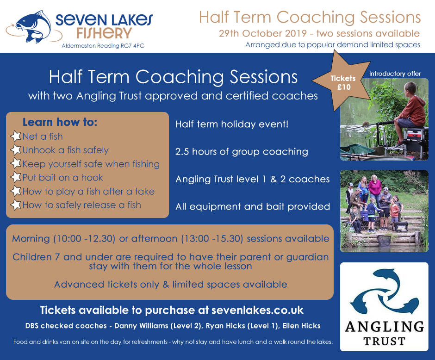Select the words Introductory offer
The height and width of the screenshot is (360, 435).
coord(395,74)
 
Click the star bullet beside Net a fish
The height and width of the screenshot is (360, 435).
coord(16,136)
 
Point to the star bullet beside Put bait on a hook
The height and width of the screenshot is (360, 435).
coord(16,177)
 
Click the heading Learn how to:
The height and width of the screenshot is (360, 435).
coord(60,122)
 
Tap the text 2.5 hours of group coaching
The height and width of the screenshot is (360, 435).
coord(242,152)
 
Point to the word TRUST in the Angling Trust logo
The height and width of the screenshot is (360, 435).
coord(385,341)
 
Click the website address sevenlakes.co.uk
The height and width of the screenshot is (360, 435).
coord(257,310)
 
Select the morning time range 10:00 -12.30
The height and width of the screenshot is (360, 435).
coord(84,238)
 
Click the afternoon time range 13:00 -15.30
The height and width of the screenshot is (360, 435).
coord(212,238)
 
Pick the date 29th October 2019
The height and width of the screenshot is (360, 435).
coord(263,33)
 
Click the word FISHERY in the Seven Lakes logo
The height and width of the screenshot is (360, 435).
coord(104,33)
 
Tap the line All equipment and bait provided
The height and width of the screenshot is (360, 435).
coord(253,207)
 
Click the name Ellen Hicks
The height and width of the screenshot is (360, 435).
coord(301,326)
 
